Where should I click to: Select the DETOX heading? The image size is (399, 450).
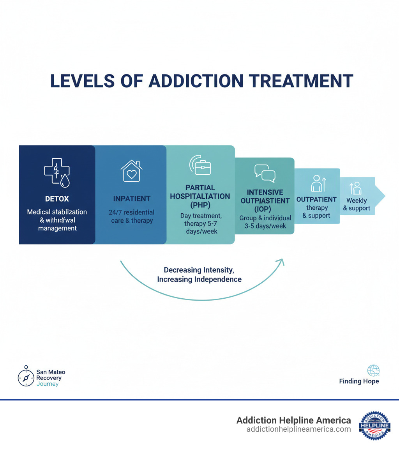[x=57, y=199]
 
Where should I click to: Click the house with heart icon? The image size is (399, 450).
[x=132, y=171]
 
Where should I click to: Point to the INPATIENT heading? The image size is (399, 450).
[x=132, y=199]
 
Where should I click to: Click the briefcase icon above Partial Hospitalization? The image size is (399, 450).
[x=200, y=166]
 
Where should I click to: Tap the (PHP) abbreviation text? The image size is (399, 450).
[x=200, y=205]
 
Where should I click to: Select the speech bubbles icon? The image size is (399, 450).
[x=265, y=173]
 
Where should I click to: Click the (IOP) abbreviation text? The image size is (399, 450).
[x=265, y=209]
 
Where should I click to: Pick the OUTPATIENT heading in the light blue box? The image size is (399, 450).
[x=316, y=200]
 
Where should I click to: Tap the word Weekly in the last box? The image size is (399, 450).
[x=357, y=200]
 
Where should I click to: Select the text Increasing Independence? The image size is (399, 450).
[x=199, y=279]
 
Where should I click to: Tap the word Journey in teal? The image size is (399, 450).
[x=48, y=384]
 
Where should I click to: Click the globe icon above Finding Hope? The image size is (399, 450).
[x=373, y=370]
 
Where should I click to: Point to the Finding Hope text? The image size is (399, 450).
[x=359, y=381]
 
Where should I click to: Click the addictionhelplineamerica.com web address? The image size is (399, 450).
[x=298, y=429]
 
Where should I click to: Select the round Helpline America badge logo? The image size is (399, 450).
[x=374, y=425]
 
